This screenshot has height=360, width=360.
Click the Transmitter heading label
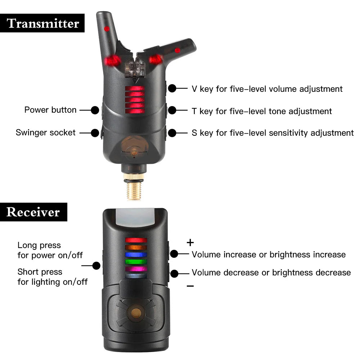point(42,23)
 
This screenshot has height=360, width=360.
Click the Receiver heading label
point(33,212)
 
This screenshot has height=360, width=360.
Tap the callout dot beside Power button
point(95,110)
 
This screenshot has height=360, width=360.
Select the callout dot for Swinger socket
point(95,133)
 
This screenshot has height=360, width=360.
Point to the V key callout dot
point(172,89)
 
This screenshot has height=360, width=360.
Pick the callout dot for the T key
point(172,111)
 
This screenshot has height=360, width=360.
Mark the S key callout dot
point(172,133)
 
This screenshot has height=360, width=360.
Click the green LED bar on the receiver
point(136,261)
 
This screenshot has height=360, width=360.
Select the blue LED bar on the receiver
point(136,255)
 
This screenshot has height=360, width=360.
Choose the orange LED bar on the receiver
point(136,248)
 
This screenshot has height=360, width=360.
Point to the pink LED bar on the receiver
point(136,269)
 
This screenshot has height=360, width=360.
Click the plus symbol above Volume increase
point(190,242)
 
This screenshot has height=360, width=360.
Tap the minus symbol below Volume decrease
point(190,286)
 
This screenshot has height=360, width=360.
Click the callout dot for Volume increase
point(174,254)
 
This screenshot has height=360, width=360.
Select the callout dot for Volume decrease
point(174,274)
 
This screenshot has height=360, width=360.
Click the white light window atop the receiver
point(135,217)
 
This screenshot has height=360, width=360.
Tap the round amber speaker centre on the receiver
point(136,313)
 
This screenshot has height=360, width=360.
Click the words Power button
point(50,110)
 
